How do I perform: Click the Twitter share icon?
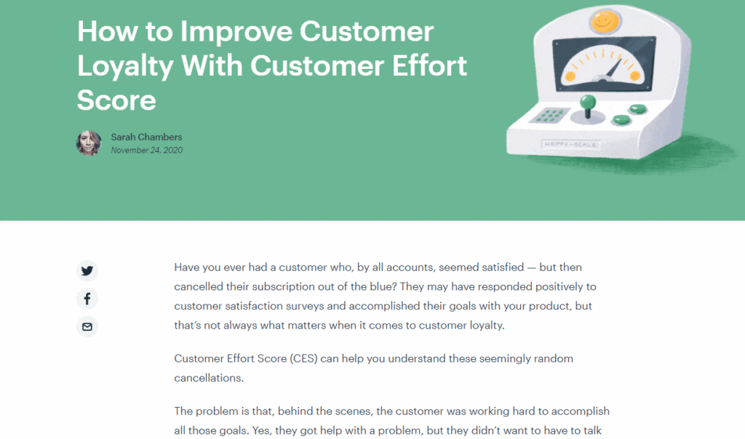(x=87, y=270)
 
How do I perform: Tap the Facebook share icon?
(x=87, y=299)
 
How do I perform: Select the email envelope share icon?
(x=87, y=326)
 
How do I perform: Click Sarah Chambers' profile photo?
(x=89, y=143)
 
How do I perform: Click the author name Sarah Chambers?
(x=146, y=137)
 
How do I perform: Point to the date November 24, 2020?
(x=147, y=150)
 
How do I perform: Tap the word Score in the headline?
(x=116, y=100)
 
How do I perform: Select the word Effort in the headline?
(x=429, y=65)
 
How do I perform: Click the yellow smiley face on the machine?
(x=605, y=21)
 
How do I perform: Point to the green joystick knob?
(x=588, y=102)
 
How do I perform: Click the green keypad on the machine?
(x=549, y=116)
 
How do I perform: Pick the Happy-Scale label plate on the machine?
(x=570, y=145)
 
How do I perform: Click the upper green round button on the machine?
(x=637, y=109)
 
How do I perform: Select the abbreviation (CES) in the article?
(x=303, y=358)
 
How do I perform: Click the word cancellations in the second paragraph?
(x=209, y=378)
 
